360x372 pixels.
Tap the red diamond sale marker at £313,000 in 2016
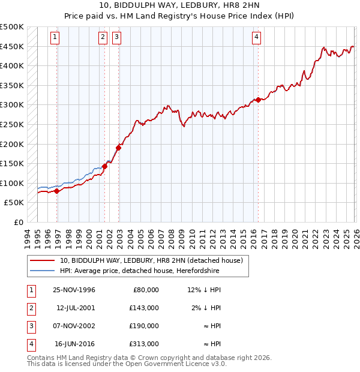pyautogui.click(x=258, y=100)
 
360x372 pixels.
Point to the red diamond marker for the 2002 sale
pyautogui.click(x=119, y=148)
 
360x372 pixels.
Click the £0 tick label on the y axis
pyautogui.click(x=17, y=223)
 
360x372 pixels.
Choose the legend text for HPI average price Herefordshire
pyautogui.click(x=140, y=271)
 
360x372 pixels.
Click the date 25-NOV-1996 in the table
pyautogui.click(x=74, y=290)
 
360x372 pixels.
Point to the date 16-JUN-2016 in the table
pyautogui.click(x=74, y=344)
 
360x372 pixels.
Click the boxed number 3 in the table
pyautogui.click(x=31, y=326)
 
